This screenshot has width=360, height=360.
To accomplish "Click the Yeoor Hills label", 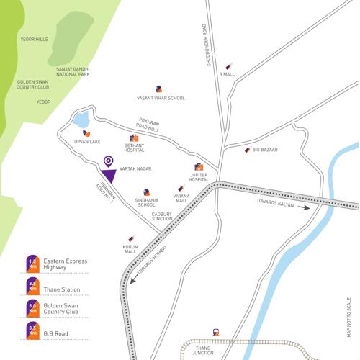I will click(35, 40).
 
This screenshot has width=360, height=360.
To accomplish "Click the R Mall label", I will click(228, 73).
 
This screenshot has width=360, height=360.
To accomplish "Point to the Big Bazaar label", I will click(264, 150).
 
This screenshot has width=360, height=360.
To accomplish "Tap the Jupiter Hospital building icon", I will click(199, 166).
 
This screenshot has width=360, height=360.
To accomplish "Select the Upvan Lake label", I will click(86, 143).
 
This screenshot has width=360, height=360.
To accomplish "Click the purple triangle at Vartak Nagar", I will click(109, 176).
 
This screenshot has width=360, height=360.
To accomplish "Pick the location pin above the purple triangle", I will click(109, 161).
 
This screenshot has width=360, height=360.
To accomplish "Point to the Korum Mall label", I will click(130, 249).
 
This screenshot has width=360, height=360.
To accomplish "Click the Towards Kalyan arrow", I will click(307, 207).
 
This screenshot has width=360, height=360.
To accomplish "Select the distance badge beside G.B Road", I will click(32, 331).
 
